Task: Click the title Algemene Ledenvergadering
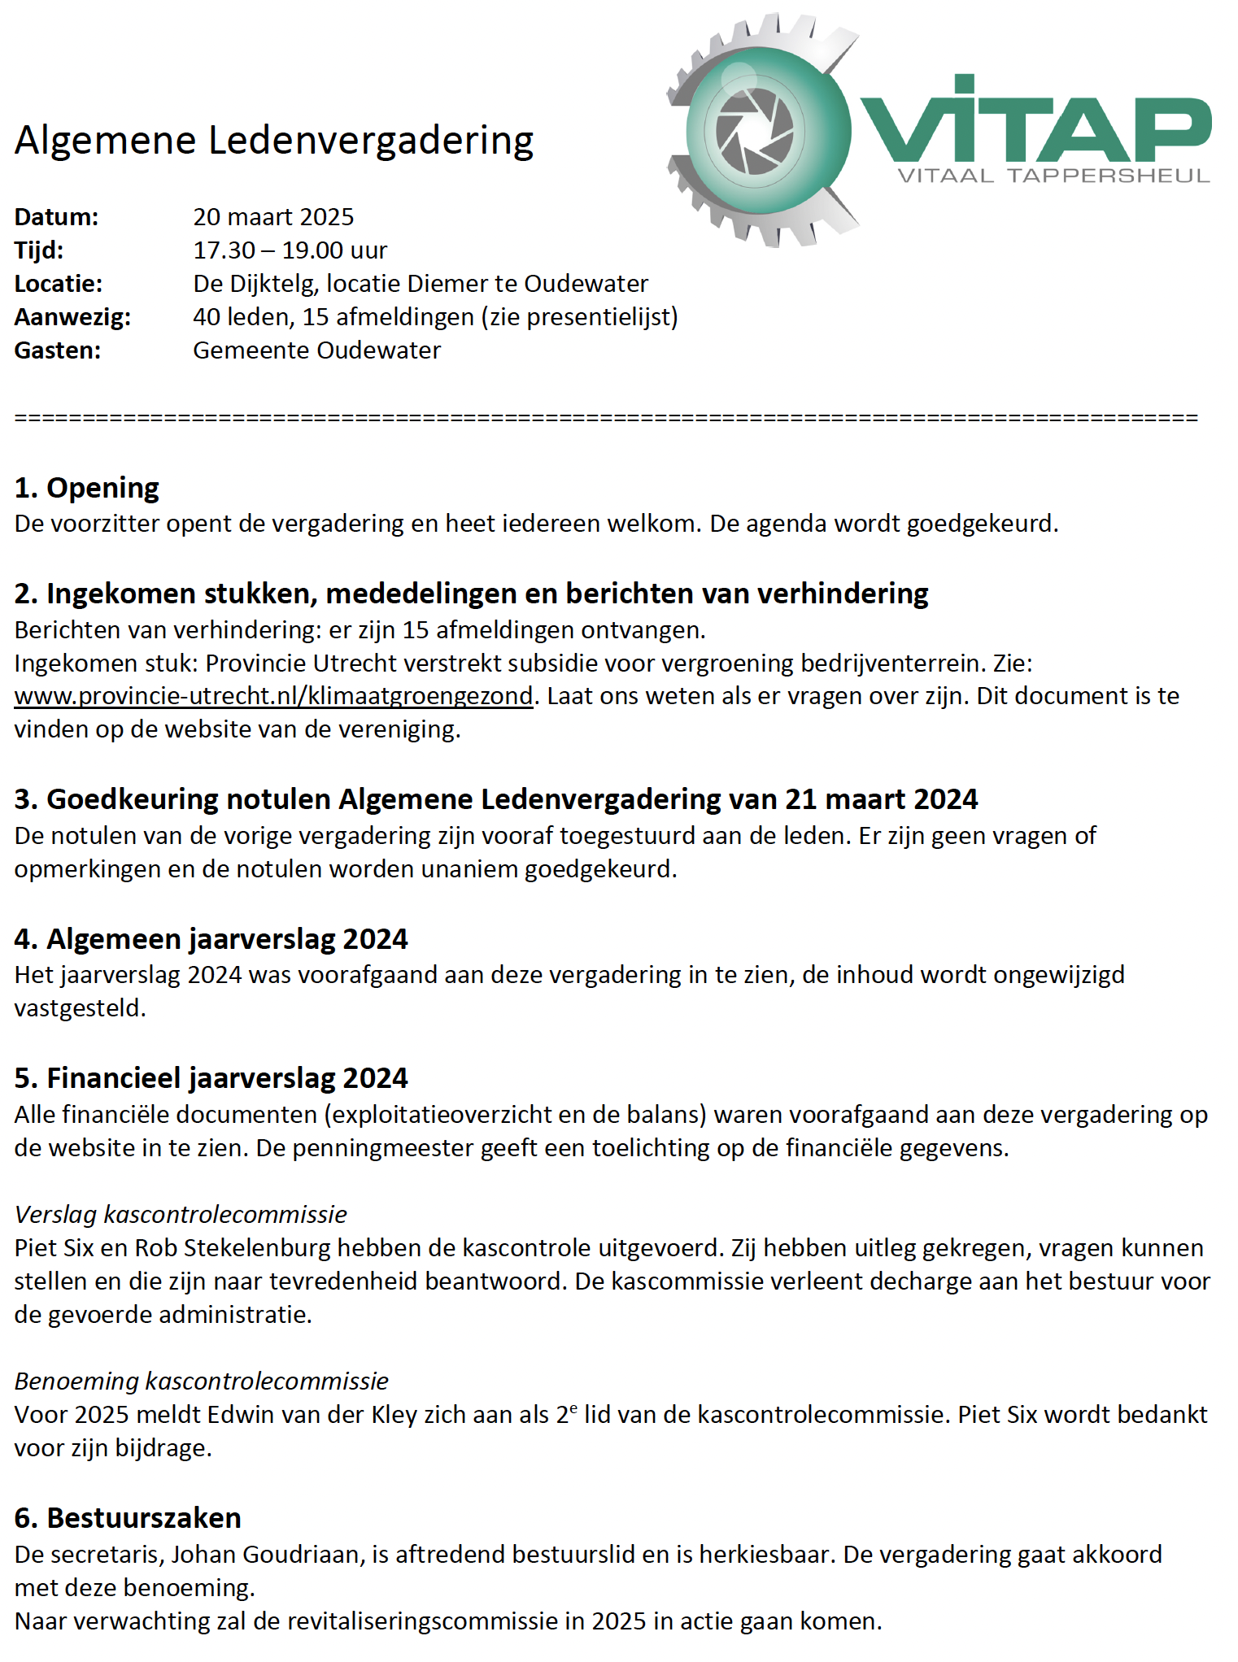click(273, 140)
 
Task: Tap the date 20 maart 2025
click(273, 217)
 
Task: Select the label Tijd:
click(38, 250)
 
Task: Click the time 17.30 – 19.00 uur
click(290, 250)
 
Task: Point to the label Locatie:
click(58, 284)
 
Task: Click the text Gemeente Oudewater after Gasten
click(316, 350)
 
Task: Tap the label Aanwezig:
click(72, 317)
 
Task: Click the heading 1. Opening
click(86, 488)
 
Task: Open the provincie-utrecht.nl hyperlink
click(273, 697)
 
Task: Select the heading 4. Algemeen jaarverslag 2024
click(211, 939)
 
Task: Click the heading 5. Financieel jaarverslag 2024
click(211, 1078)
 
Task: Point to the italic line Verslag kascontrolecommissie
click(181, 1215)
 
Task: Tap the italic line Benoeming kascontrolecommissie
click(201, 1381)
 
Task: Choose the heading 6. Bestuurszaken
click(127, 1518)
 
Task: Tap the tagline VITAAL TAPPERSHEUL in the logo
click(1053, 176)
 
